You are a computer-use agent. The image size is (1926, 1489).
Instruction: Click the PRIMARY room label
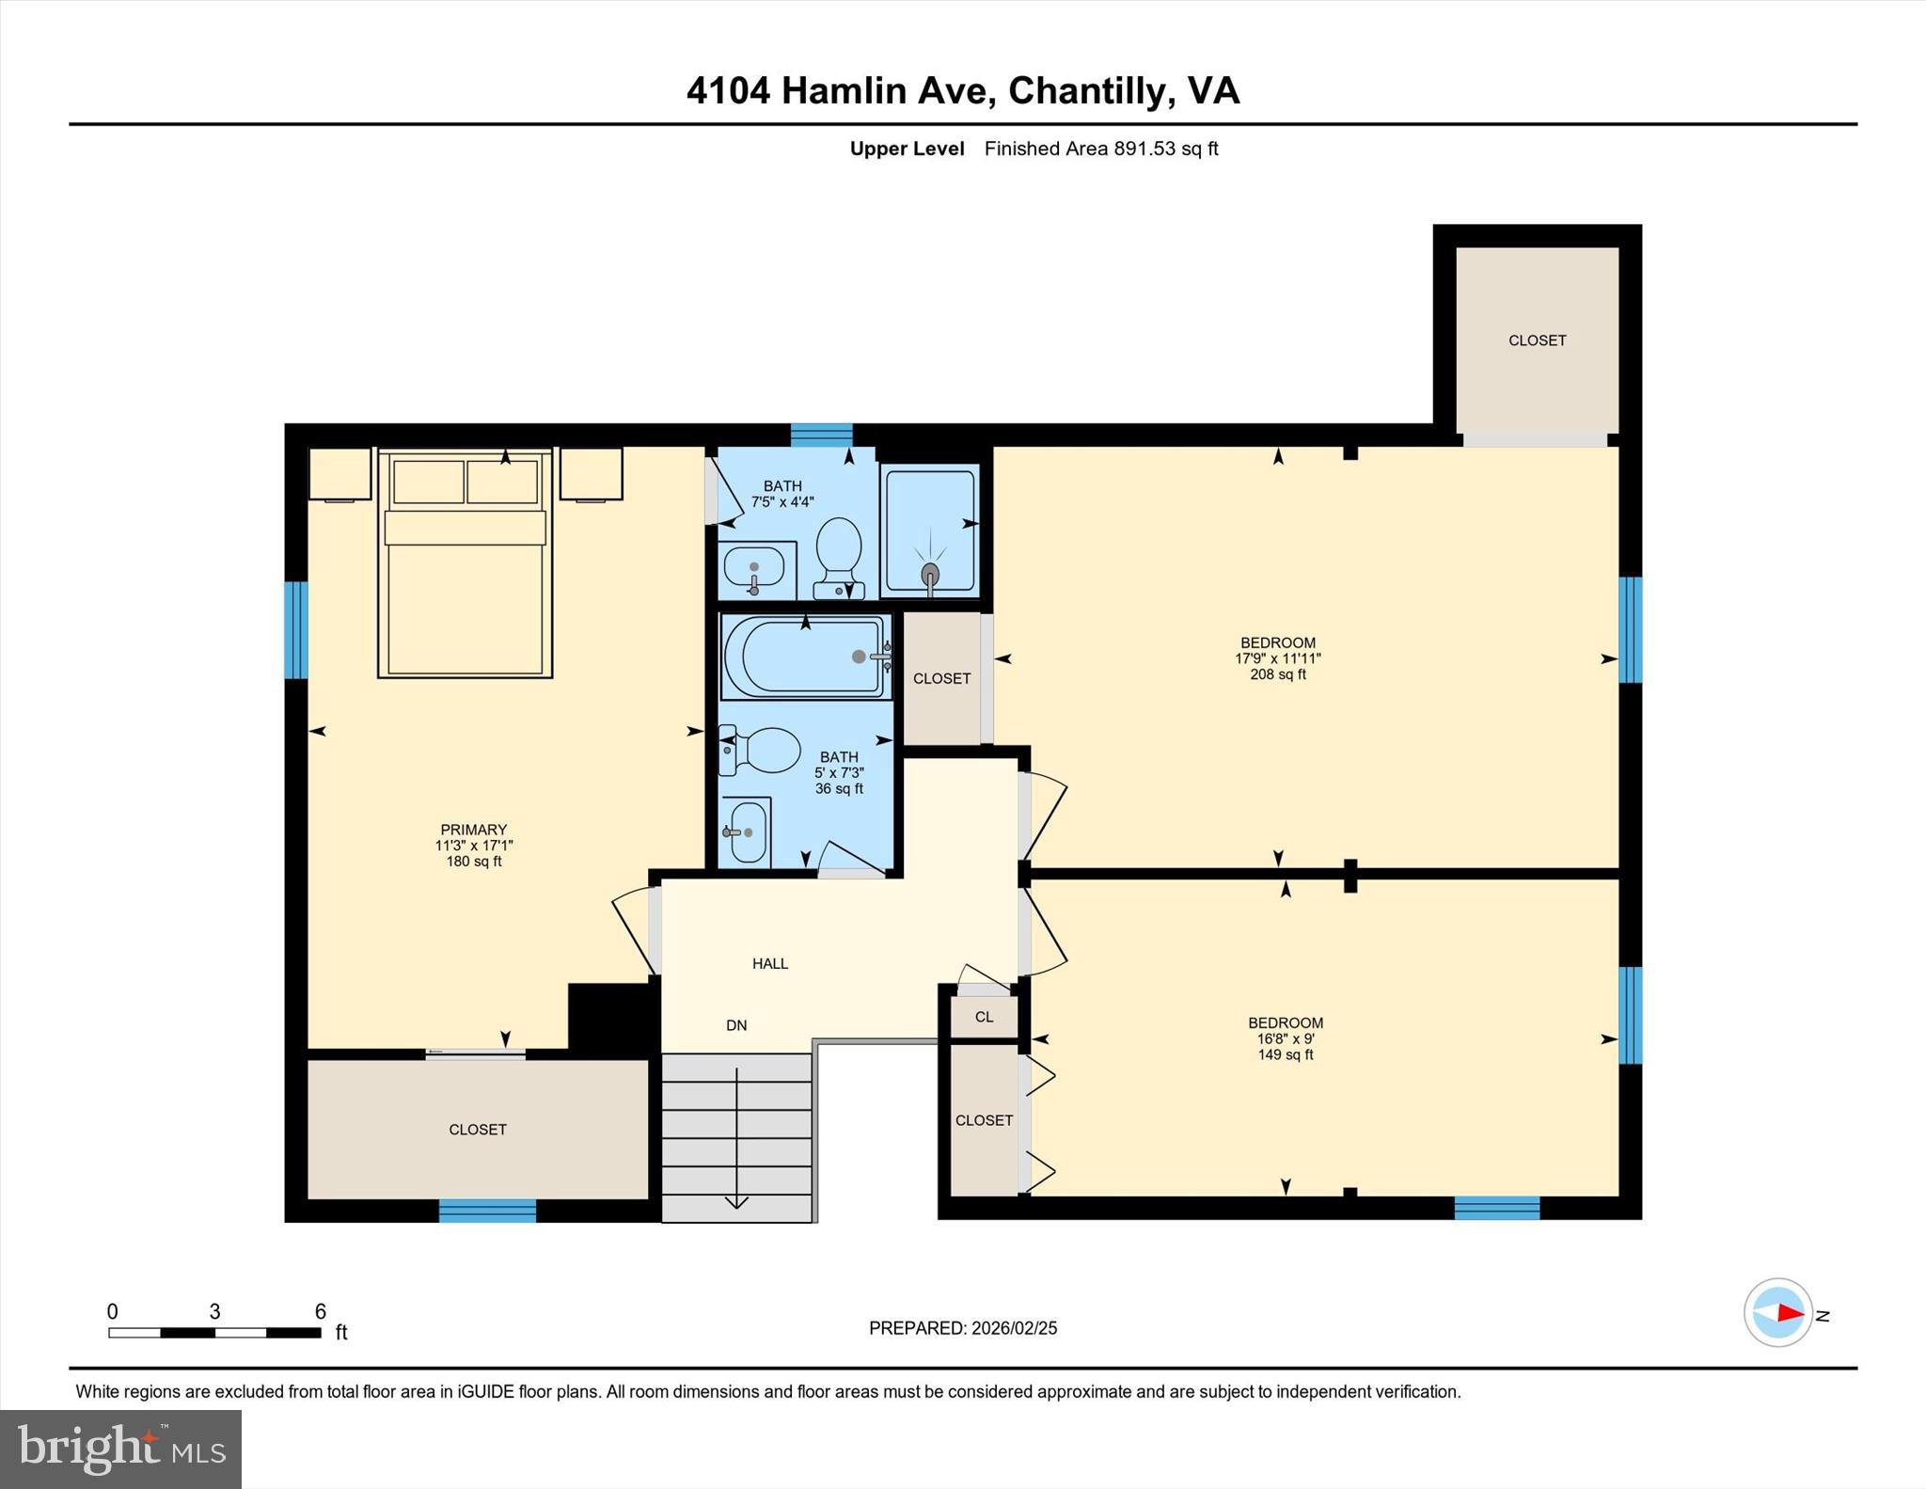(473, 830)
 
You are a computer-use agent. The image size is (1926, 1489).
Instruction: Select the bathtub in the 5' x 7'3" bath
(805, 657)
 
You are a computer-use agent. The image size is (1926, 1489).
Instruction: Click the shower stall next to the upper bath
(930, 531)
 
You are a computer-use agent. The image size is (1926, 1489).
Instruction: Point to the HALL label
(769, 963)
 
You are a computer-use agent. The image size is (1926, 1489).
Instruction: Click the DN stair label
(736, 1025)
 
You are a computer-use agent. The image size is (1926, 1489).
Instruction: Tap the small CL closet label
(984, 1017)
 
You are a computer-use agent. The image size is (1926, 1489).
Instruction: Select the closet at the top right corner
(1537, 341)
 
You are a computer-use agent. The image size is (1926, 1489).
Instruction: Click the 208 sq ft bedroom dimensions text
(1278, 658)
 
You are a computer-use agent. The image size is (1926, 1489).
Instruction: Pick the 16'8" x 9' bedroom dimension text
(1286, 1039)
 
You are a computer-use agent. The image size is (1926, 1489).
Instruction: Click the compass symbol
(1778, 1312)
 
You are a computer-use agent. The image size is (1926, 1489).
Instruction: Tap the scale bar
(214, 1332)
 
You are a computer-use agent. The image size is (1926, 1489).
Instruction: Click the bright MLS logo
(120, 1449)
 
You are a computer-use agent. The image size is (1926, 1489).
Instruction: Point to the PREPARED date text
(962, 1328)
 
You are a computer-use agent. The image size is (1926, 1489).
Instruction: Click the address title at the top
(962, 91)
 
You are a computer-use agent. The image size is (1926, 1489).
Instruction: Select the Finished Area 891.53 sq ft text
(1100, 149)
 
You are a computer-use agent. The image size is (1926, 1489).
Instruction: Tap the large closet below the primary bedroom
(478, 1129)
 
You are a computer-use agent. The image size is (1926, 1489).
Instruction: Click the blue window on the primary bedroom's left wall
(295, 629)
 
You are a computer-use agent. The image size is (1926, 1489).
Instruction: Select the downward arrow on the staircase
(736, 1198)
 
